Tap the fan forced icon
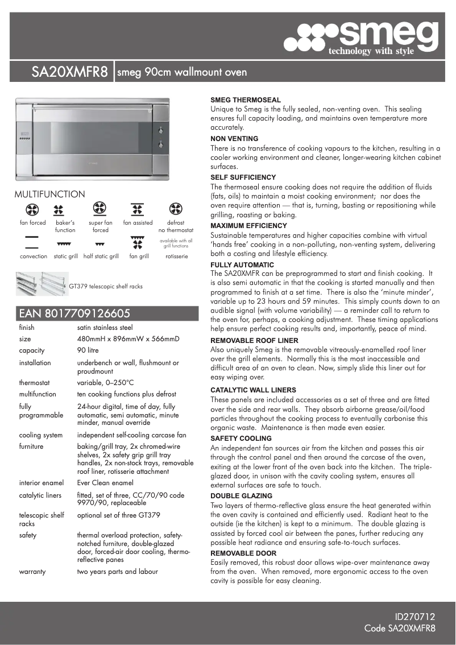32,209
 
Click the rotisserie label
176,257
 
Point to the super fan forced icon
100,209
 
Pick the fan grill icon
138,243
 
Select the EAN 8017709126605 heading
75,313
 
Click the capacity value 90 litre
89,350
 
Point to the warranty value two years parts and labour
117,572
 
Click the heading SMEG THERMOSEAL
245,100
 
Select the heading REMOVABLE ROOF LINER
254,340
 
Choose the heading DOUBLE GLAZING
241,496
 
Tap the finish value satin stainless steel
105,328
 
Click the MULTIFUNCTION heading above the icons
49,195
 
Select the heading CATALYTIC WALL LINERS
253,390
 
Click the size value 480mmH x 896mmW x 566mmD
128,339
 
